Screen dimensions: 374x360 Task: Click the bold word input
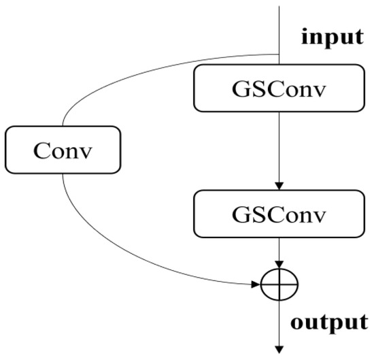coord(333,37)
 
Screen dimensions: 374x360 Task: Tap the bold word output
coord(329,323)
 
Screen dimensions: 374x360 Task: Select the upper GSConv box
coord(279,88)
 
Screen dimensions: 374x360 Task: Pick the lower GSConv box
coord(279,214)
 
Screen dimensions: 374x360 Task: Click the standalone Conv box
coord(63,150)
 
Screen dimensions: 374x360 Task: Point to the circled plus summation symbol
coord(279,284)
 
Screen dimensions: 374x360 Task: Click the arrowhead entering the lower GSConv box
coord(279,186)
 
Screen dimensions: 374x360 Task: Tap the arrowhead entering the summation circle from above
coord(279,265)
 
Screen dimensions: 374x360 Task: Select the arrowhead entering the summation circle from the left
coord(256,284)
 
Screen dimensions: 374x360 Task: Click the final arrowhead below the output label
coord(279,350)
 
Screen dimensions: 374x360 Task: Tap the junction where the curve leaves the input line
coord(279,54)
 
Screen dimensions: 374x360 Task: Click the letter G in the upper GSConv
coord(241,89)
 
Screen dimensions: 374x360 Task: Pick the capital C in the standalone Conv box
coord(42,150)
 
